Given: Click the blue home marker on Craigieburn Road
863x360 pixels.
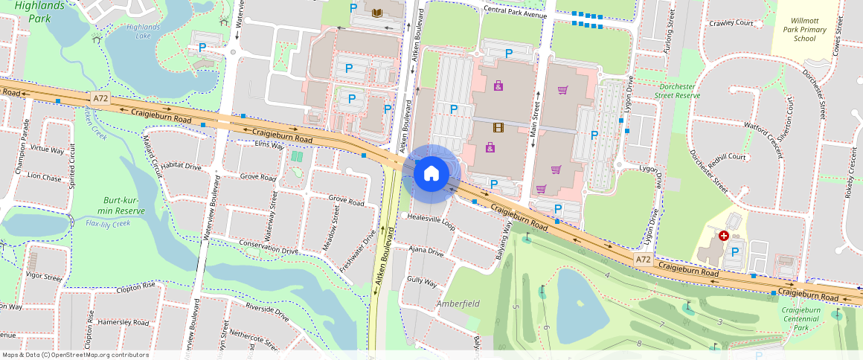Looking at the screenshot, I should click(x=431, y=174).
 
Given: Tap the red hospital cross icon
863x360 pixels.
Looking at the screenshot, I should click(x=723, y=235).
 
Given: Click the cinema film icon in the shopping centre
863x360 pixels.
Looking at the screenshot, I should click(x=497, y=127).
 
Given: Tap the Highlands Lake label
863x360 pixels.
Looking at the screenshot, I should click(x=143, y=30).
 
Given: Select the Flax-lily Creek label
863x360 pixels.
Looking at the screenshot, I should click(x=109, y=223).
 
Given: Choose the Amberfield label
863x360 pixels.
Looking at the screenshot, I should click(x=458, y=303).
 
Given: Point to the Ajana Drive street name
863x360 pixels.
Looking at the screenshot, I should click(x=426, y=252).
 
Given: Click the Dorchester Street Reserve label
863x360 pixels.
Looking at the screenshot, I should click(x=679, y=91).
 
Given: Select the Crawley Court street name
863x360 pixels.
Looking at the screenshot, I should click(x=731, y=23).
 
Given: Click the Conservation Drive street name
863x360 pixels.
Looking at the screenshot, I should click(x=269, y=247).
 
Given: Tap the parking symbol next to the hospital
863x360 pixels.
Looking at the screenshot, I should click(x=735, y=252).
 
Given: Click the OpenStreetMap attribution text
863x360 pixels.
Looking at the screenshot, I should click(x=75, y=355).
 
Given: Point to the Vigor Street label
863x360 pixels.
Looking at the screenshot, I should click(x=44, y=277).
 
